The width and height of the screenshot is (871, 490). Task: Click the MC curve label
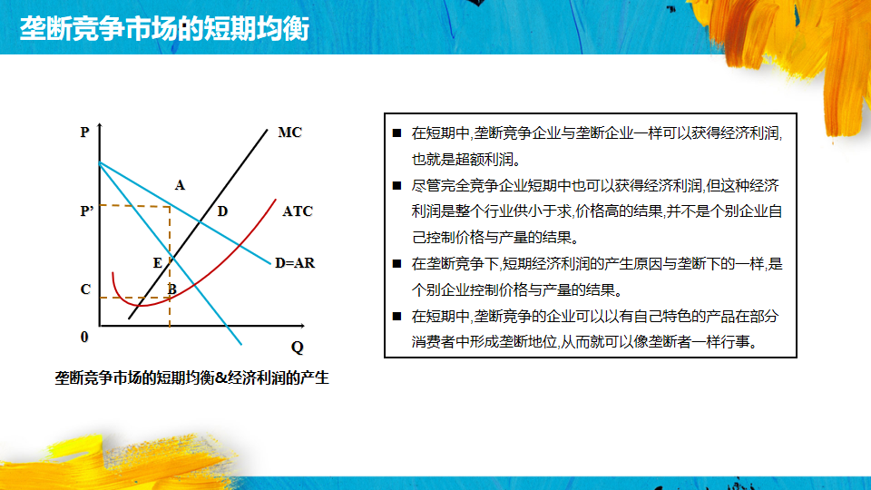pos(290,132)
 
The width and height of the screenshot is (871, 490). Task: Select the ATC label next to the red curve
pos(298,211)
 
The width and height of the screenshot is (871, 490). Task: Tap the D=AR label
pos(295,263)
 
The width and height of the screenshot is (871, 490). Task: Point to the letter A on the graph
pos(180,185)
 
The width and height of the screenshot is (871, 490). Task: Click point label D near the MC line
pos(222,211)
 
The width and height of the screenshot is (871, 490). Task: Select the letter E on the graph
pos(158,263)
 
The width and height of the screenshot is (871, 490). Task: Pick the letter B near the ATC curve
pos(172,289)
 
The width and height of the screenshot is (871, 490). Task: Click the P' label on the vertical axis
pos(87,211)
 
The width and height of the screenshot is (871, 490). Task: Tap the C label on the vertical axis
pos(85,289)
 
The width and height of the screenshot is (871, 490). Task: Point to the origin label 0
pos(84,337)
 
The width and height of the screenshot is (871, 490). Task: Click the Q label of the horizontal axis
pos(298,348)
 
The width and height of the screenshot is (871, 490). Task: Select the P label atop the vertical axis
pos(84,132)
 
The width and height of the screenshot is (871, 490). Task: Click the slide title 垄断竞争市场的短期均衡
pos(164,28)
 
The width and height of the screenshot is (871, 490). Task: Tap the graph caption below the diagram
pos(191,377)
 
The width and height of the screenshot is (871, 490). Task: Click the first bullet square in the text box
pos(396,132)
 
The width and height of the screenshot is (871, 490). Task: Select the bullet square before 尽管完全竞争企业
pos(396,185)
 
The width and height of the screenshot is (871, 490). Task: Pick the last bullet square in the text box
pos(396,316)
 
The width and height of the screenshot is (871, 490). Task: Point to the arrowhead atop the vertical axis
pos(100,127)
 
